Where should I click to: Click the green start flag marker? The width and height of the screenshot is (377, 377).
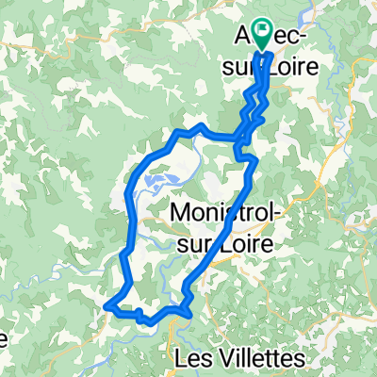tap(257, 34)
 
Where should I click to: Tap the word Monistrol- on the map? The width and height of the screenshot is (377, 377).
tap(226, 215)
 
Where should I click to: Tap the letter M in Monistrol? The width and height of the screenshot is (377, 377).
tap(181, 215)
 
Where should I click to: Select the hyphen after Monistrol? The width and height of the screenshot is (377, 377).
tap(277, 217)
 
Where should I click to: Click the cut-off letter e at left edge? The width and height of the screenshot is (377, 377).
tap(5, 336)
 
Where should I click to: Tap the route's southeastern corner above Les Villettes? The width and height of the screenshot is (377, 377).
tap(189, 301)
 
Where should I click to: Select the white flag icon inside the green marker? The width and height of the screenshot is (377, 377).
tap(258, 30)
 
